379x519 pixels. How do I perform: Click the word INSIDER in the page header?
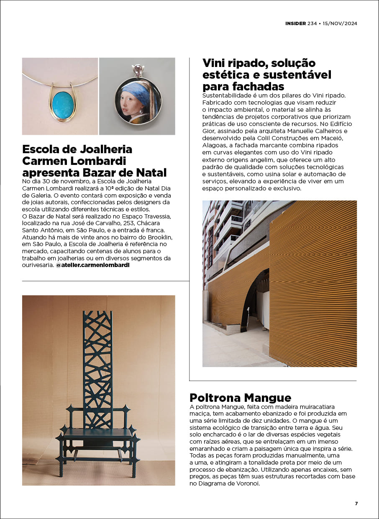coord(295,23)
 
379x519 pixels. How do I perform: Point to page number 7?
coord(356,504)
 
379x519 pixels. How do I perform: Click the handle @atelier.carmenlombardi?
coord(92,265)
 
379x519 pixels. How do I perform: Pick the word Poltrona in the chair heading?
coord(215,397)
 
